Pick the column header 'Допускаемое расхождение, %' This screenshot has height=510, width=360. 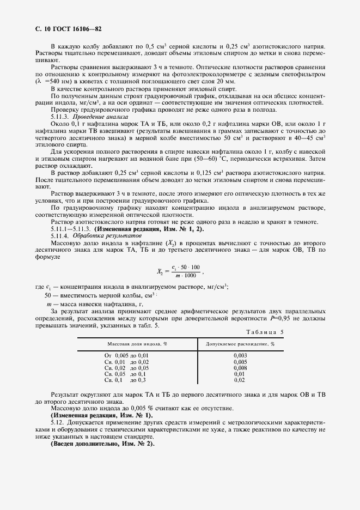(x=240, y=344)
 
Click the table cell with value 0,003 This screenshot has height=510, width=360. (x=240, y=355)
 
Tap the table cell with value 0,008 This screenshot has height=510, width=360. (x=240, y=368)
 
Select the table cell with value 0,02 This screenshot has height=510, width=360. (x=240, y=380)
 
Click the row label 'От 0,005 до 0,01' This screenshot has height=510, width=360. (x=126, y=355)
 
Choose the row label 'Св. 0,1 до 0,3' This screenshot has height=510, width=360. (x=124, y=380)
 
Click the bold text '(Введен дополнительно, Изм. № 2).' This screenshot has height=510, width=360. (x=102, y=444)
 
